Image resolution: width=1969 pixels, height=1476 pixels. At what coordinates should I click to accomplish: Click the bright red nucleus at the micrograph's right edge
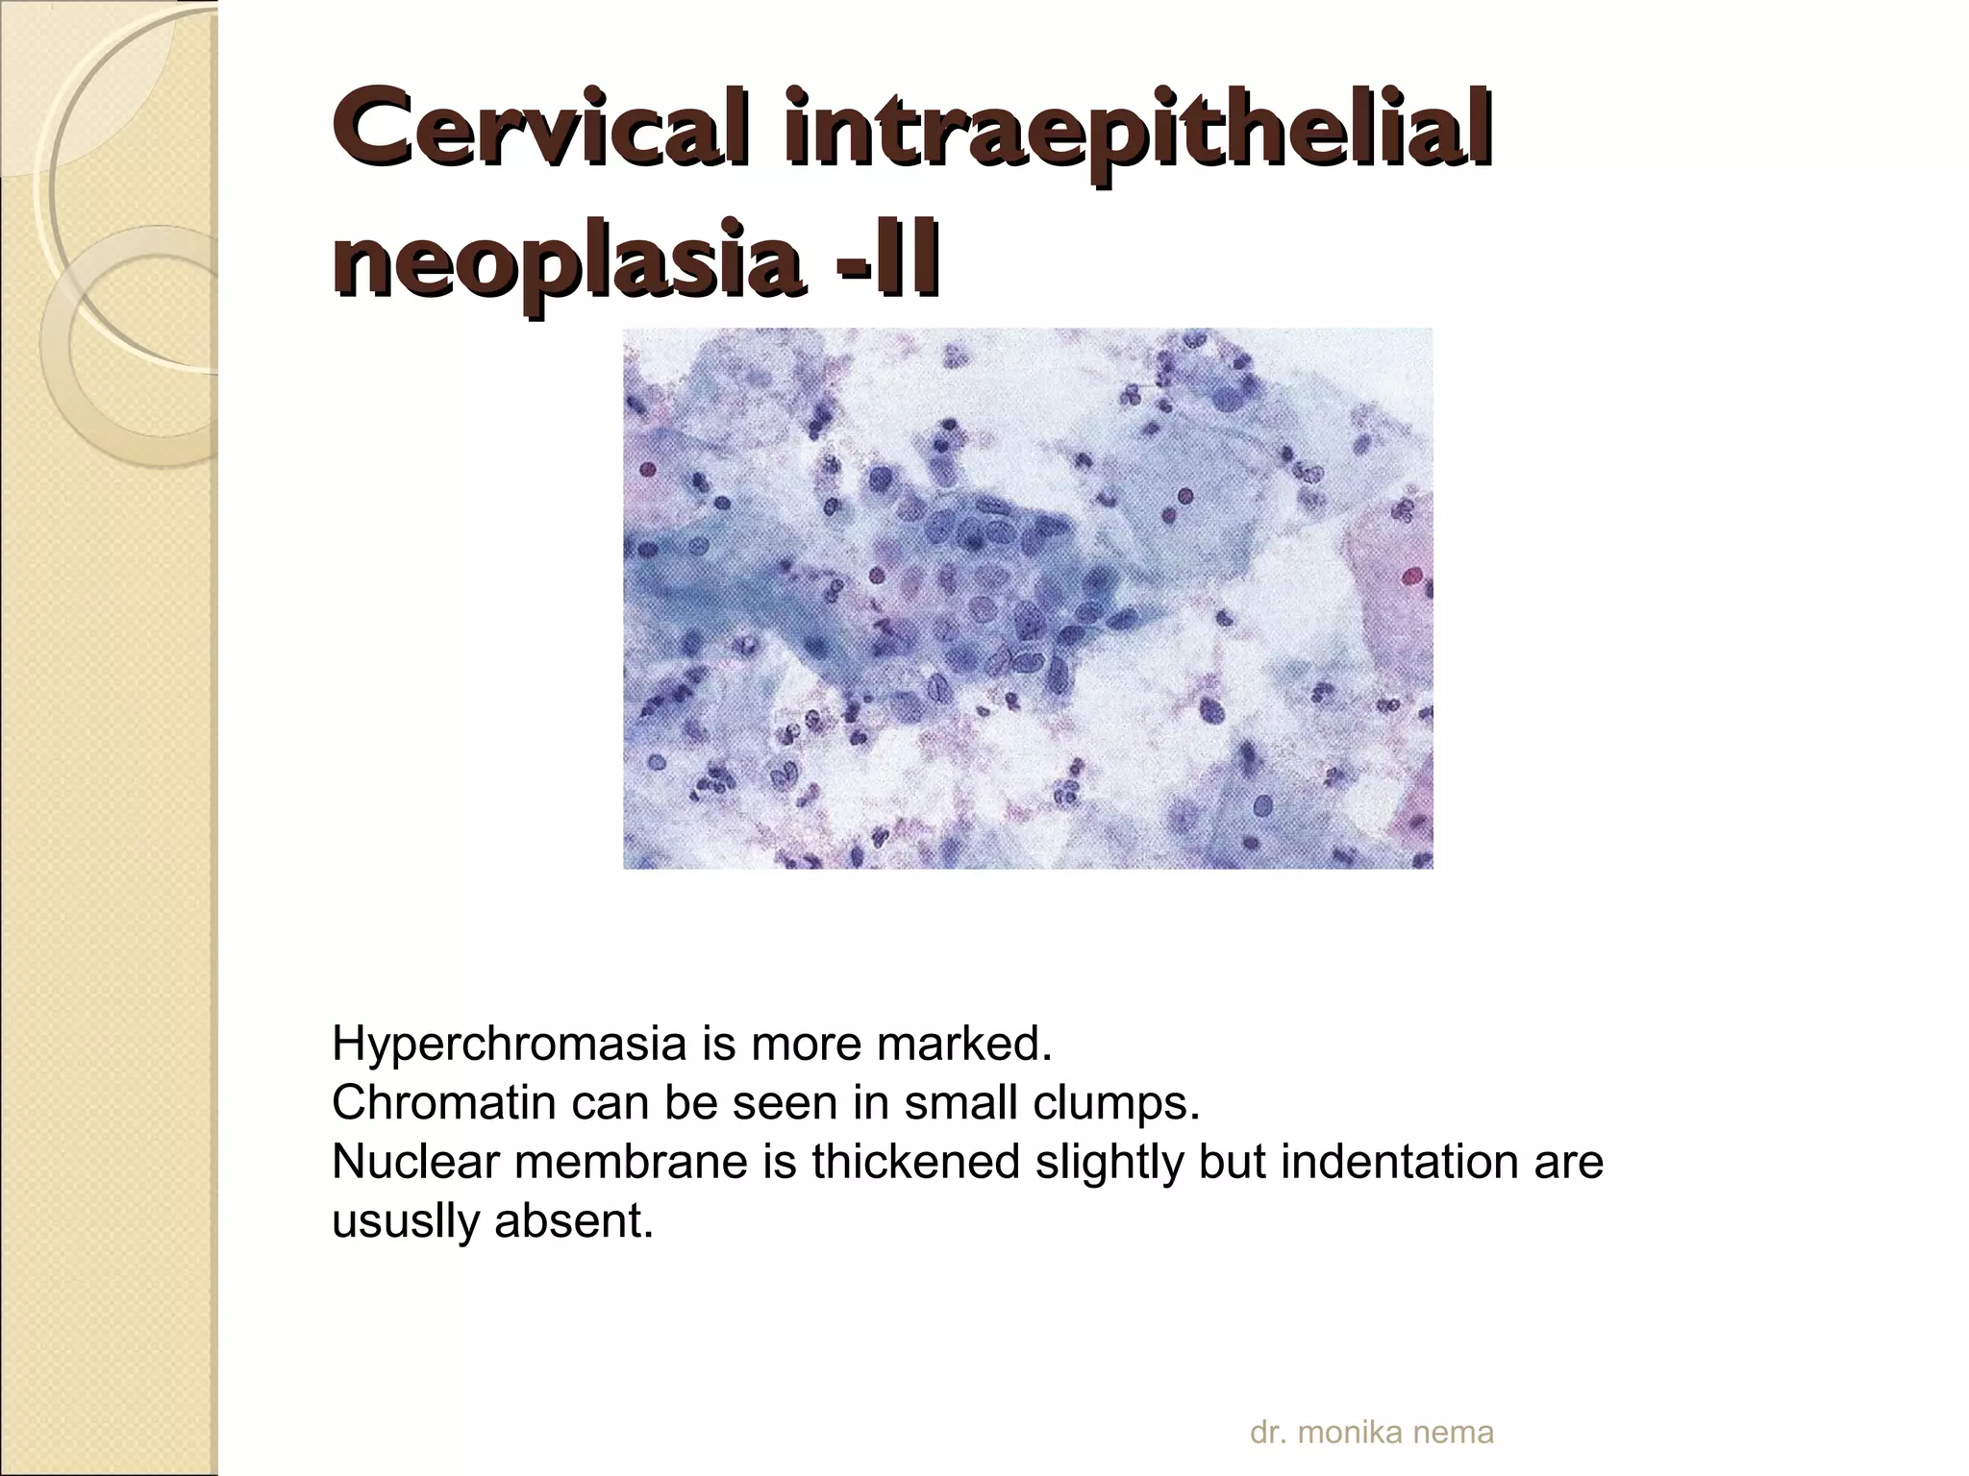[1411, 577]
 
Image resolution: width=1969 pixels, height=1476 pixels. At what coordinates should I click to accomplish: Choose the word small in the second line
[958, 1103]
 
